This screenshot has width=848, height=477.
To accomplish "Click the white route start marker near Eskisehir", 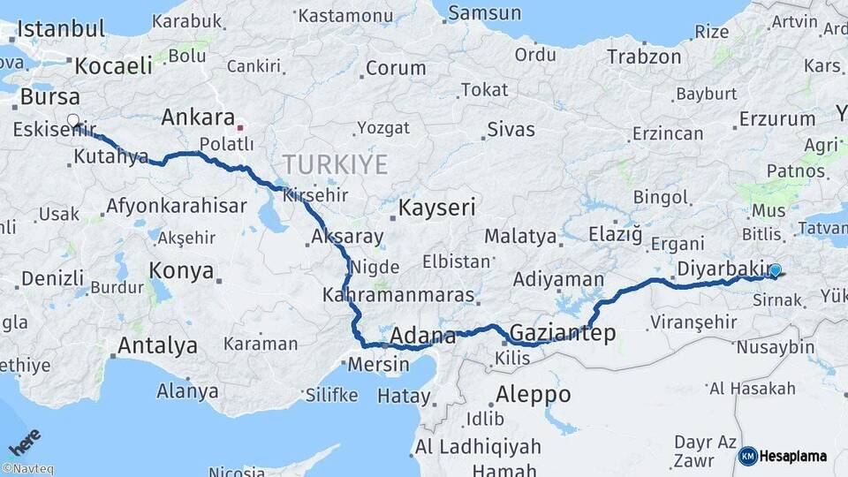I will point(72,121).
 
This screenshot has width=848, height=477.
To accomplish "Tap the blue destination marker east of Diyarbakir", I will point(775,271).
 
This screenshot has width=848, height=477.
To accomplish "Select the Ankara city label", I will point(198,117).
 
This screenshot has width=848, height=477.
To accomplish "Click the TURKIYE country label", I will point(336,164).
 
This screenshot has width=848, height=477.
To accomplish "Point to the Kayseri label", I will point(437,208).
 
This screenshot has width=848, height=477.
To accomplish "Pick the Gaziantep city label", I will point(563,333).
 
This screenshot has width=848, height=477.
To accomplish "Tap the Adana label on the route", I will point(422,336).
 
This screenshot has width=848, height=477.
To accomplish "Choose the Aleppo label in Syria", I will point(534,394).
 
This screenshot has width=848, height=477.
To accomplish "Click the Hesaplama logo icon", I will point(748,456).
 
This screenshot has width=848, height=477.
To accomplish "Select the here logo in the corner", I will point(24,441).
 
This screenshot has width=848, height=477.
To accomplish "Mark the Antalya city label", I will point(157,345).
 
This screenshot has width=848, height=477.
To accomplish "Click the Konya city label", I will point(181,270).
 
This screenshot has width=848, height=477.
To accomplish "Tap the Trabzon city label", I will point(644,57).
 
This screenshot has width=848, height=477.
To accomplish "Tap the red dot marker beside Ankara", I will point(239,127).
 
